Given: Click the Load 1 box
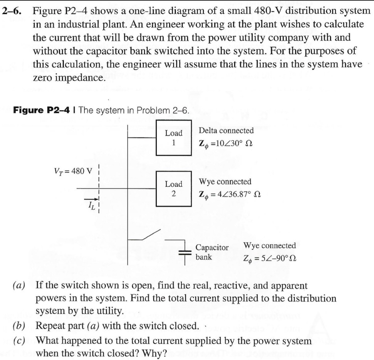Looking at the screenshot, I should click(174, 137).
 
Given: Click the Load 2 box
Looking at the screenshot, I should click(174, 189).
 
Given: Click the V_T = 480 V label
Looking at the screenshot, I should click(73, 171).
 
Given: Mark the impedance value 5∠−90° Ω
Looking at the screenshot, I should click(270, 257).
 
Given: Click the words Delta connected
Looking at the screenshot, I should click(226, 131).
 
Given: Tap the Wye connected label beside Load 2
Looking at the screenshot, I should click(225, 181).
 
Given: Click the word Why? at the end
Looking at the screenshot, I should click(154, 353).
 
